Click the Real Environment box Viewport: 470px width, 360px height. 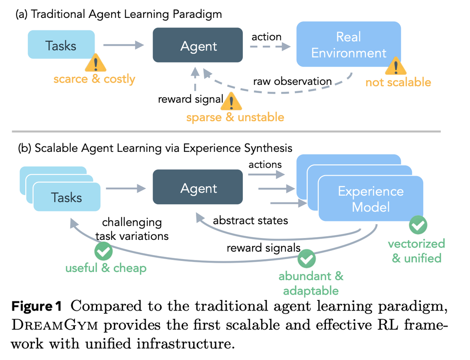coord(349,45)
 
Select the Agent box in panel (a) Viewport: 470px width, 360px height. coord(198,45)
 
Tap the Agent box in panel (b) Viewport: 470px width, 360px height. coord(198,188)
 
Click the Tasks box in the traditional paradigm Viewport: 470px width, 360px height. coord(61,44)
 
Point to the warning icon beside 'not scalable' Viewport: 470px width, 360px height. coord(396,67)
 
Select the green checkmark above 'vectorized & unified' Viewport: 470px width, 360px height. coord(418,225)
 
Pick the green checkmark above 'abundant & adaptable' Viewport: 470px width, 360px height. coord(307,259)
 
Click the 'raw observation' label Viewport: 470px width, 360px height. coord(292,82)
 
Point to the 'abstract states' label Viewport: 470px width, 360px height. coord(250,220)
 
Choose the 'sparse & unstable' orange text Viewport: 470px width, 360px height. coord(235,117)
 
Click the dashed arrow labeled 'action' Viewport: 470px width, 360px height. coord(270,47)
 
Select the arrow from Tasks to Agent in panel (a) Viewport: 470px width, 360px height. coord(123,44)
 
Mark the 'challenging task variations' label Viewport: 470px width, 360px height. coord(135,229)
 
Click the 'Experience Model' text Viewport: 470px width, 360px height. coord(370,199)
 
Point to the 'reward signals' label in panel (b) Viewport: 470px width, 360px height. coord(263,248)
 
